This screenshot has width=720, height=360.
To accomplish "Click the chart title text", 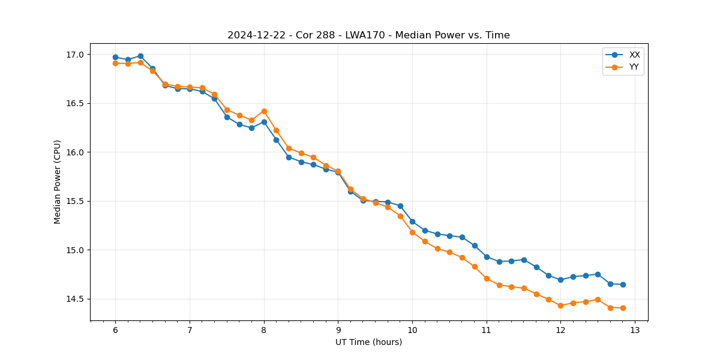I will point(368,35).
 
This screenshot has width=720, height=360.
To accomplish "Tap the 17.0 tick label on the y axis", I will point(76,55).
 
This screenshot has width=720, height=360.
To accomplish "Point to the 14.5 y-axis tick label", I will point(76,299).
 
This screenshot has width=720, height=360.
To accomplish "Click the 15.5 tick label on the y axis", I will point(76,201).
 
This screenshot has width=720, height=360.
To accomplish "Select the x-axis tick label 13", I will point(635,330).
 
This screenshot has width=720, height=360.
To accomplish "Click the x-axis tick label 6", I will point(115,330).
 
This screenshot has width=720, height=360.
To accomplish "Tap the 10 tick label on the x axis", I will point(412,330).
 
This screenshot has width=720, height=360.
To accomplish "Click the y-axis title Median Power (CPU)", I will point(58,182).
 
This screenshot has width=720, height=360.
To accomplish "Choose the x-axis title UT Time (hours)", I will point(368,342).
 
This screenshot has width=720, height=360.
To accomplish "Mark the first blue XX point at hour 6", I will point(115,58).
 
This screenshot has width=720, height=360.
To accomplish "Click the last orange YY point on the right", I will point(623,308).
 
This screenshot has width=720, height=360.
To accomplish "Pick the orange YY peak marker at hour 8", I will point(264,111).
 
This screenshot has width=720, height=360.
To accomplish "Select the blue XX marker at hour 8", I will point(264,122).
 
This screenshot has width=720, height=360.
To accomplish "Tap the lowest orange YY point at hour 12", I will point(560,305).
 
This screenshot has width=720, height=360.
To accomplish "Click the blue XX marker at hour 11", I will point(487,257).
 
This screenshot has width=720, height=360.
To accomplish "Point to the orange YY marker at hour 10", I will point(412,232).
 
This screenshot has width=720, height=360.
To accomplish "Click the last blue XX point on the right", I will point(623,284).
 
